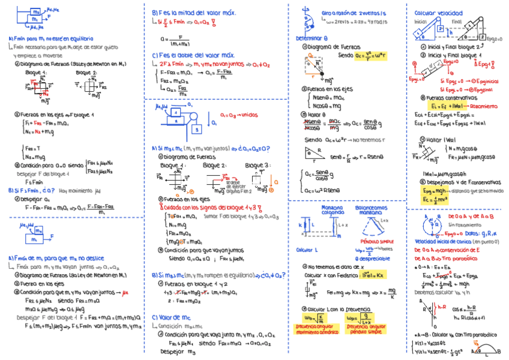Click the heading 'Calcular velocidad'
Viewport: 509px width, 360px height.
438,13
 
